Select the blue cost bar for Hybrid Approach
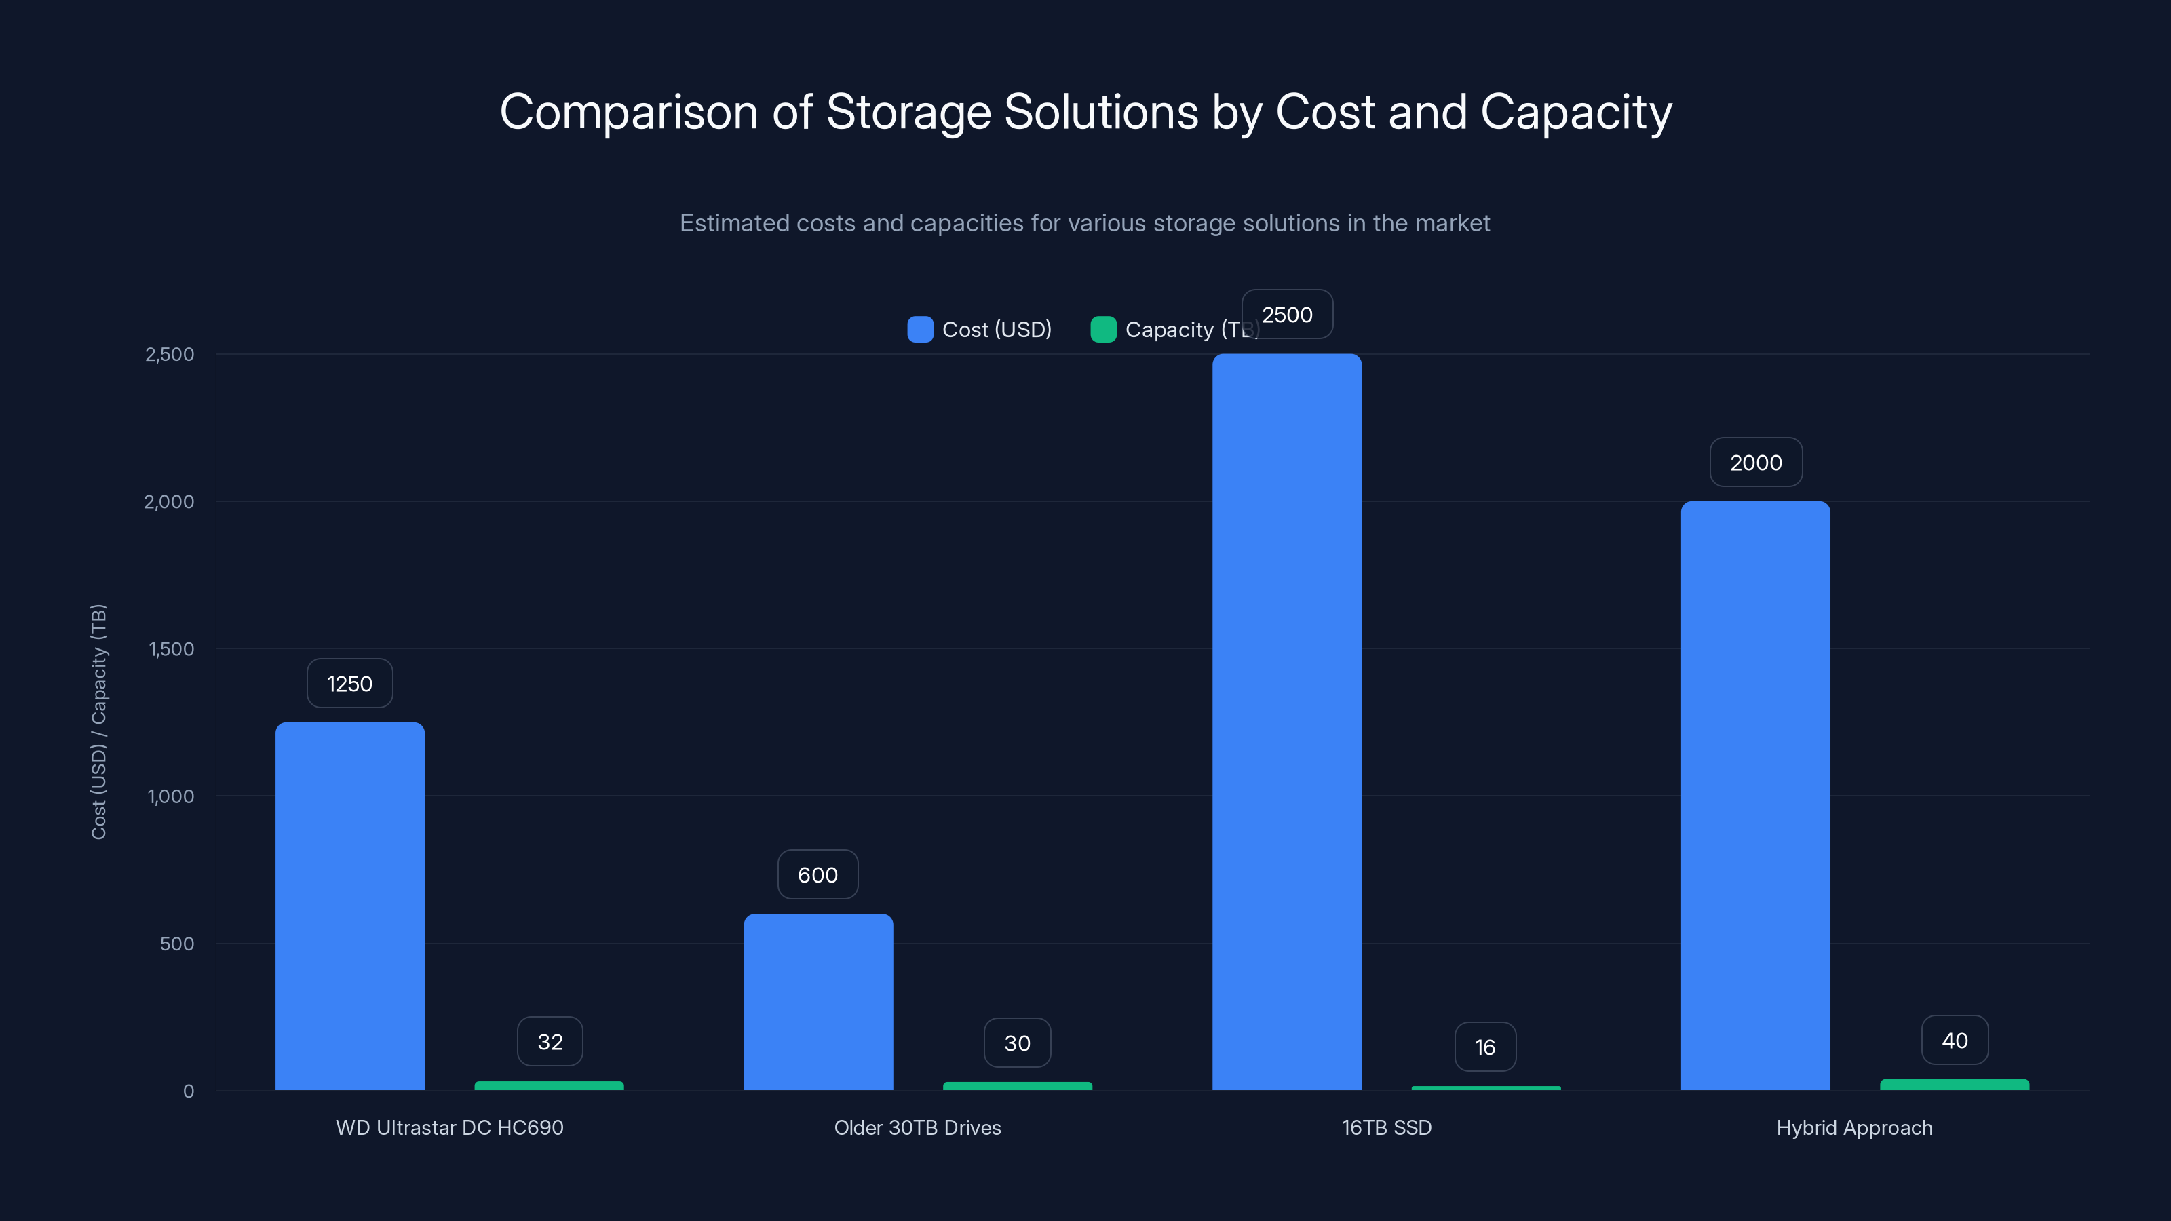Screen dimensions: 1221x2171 pos(1756,796)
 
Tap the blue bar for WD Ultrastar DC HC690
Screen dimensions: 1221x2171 pos(350,906)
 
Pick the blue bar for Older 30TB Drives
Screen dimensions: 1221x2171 pos(818,1002)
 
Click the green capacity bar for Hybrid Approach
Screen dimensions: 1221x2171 pos(1955,1085)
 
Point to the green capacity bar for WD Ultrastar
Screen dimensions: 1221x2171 pos(549,1086)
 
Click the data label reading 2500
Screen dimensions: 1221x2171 pos(1287,314)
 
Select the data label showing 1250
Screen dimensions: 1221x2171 pos(350,683)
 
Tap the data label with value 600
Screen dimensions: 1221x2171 pos(818,874)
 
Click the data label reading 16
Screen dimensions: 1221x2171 pos(1485,1047)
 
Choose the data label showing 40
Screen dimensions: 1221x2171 pos(1955,1041)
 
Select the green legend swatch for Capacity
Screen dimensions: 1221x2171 pos(1103,330)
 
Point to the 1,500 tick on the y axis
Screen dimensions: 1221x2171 pos(171,649)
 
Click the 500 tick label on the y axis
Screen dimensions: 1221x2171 pos(177,944)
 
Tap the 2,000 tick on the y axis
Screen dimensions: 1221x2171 pos(170,501)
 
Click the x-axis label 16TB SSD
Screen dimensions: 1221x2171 pos(1386,1127)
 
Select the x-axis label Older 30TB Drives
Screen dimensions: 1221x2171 pos(918,1127)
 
